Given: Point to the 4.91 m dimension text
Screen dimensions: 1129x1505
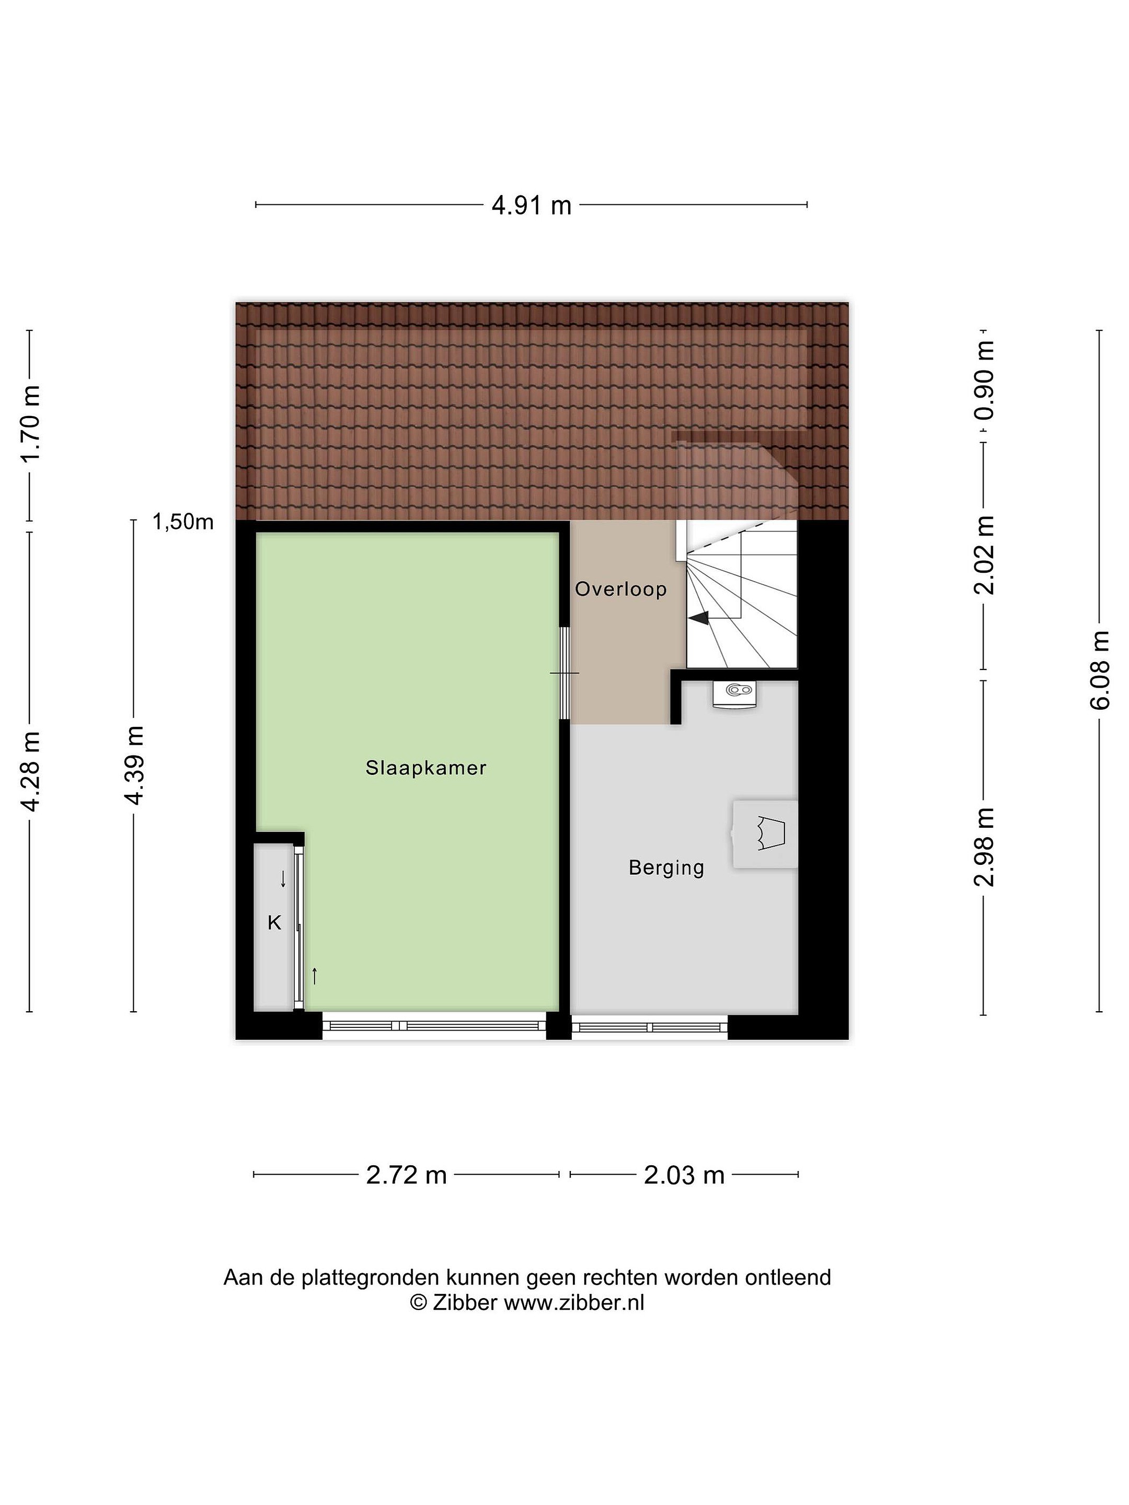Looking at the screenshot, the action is (532, 205).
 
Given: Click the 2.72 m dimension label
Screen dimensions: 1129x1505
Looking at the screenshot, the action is (406, 1175).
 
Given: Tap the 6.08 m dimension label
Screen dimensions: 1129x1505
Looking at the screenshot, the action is (1100, 670).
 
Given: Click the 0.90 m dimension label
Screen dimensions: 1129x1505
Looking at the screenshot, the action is (984, 380).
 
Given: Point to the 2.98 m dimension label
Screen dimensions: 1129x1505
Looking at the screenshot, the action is (984, 847).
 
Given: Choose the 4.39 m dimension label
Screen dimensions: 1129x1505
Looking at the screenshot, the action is (133, 766).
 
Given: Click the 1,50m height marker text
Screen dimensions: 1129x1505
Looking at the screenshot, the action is (182, 522).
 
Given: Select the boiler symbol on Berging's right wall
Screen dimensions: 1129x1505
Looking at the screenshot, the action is (765, 833).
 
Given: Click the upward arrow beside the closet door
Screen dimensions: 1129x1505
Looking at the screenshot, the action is (315, 976).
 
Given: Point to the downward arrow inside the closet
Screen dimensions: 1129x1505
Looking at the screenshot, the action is (283, 879).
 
